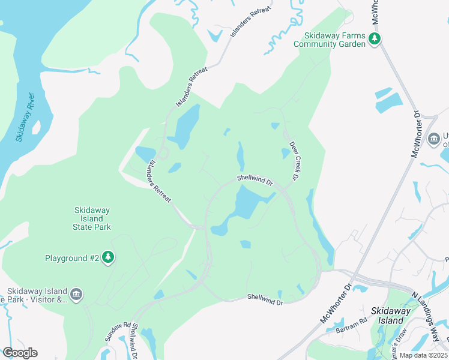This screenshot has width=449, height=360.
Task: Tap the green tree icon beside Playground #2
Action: click(x=108, y=258)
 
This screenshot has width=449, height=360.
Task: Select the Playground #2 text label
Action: click(x=72, y=258)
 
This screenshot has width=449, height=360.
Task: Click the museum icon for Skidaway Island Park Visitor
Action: click(x=76, y=294)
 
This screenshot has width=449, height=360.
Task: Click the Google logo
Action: click(x=20, y=353)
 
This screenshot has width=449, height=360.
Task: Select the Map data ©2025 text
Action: click(x=423, y=355)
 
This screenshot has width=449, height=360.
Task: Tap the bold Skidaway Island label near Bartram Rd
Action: click(x=391, y=316)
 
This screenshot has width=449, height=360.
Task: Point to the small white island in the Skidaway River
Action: click(x=36, y=127)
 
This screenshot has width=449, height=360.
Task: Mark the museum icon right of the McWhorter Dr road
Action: click(x=434, y=139)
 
